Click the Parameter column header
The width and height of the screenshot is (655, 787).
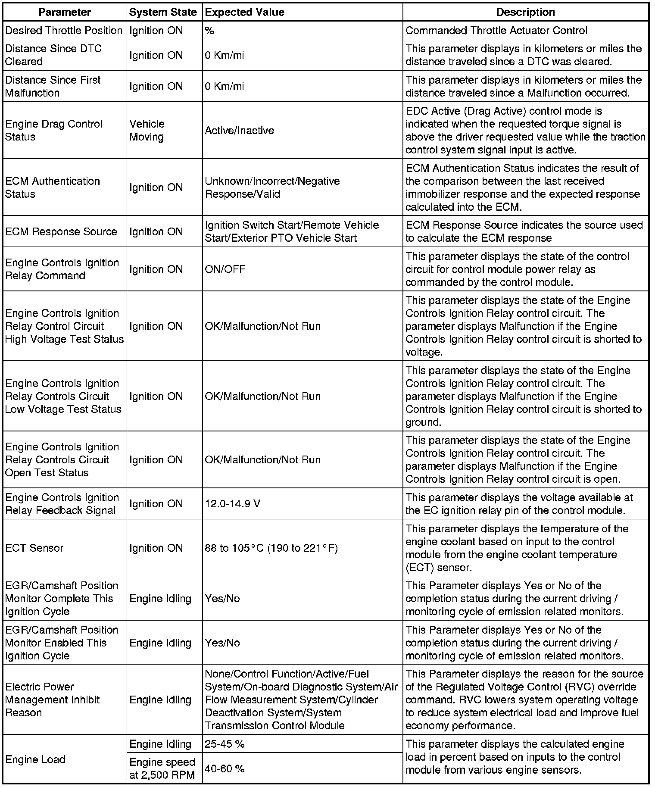pos(65,12)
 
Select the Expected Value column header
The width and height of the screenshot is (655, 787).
pos(244,12)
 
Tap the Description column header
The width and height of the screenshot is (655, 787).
pos(525,12)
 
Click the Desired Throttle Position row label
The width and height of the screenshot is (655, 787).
pos(64,31)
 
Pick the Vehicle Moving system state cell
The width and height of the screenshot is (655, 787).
pos(147,130)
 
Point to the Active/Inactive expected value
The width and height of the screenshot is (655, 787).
pos(239,130)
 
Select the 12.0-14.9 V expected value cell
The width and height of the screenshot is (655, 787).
pos(232,503)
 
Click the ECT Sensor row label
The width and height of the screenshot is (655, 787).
pos(34,548)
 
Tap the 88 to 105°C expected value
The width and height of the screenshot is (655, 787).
pos(271,548)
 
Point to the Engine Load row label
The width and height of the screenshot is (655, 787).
pos(35,759)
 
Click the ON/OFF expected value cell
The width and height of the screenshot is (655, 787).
pos(225,269)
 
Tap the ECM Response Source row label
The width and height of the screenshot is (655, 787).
pos(61,231)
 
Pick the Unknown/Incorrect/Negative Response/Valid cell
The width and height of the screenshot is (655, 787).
pos(272,187)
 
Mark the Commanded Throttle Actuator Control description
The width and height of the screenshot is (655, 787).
pos(496,31)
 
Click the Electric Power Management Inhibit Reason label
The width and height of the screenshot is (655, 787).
pos(52,700)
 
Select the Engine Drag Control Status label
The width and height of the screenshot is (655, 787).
pos(54,130)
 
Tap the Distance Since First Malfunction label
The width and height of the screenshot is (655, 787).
pos(53,86)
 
